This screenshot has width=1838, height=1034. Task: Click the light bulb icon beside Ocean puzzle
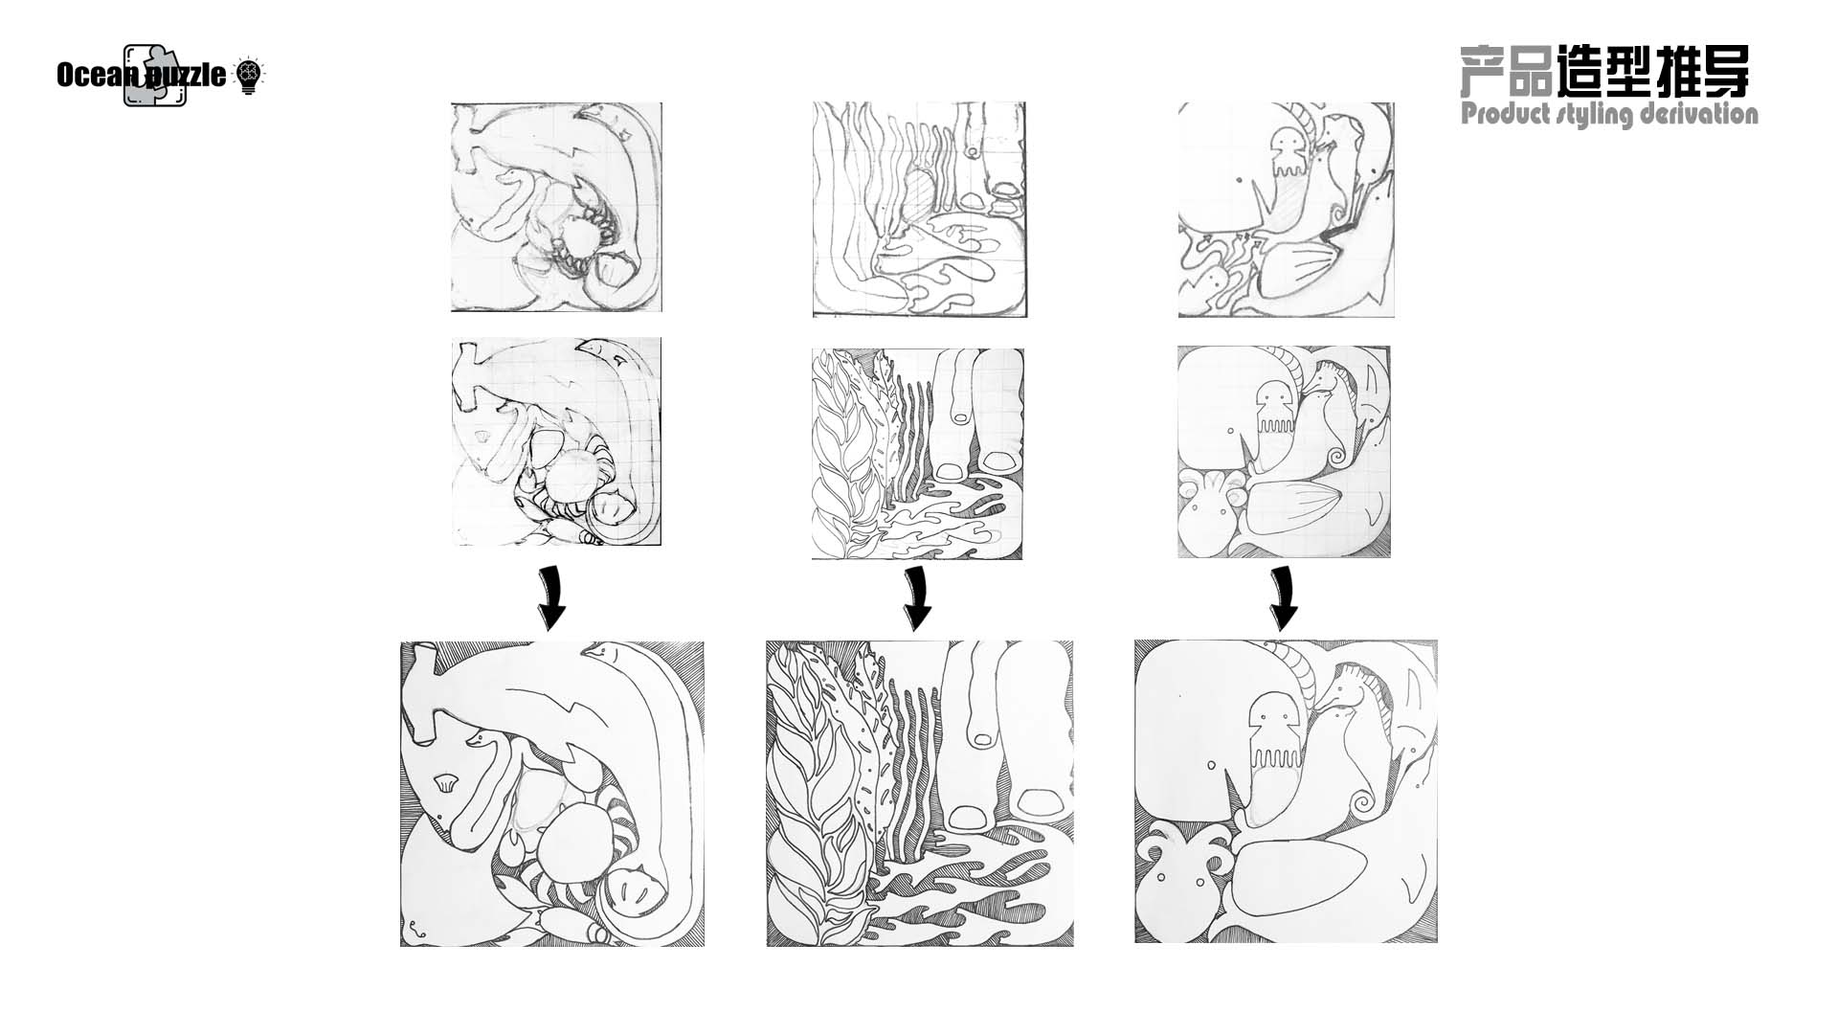[248, 75]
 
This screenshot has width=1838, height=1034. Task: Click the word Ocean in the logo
[90, 75]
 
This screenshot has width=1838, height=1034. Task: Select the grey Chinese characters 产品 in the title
[1505, 71]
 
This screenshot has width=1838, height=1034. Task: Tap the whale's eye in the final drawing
[1212, 766]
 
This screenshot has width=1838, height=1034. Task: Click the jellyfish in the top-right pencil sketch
[1285, 153]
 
